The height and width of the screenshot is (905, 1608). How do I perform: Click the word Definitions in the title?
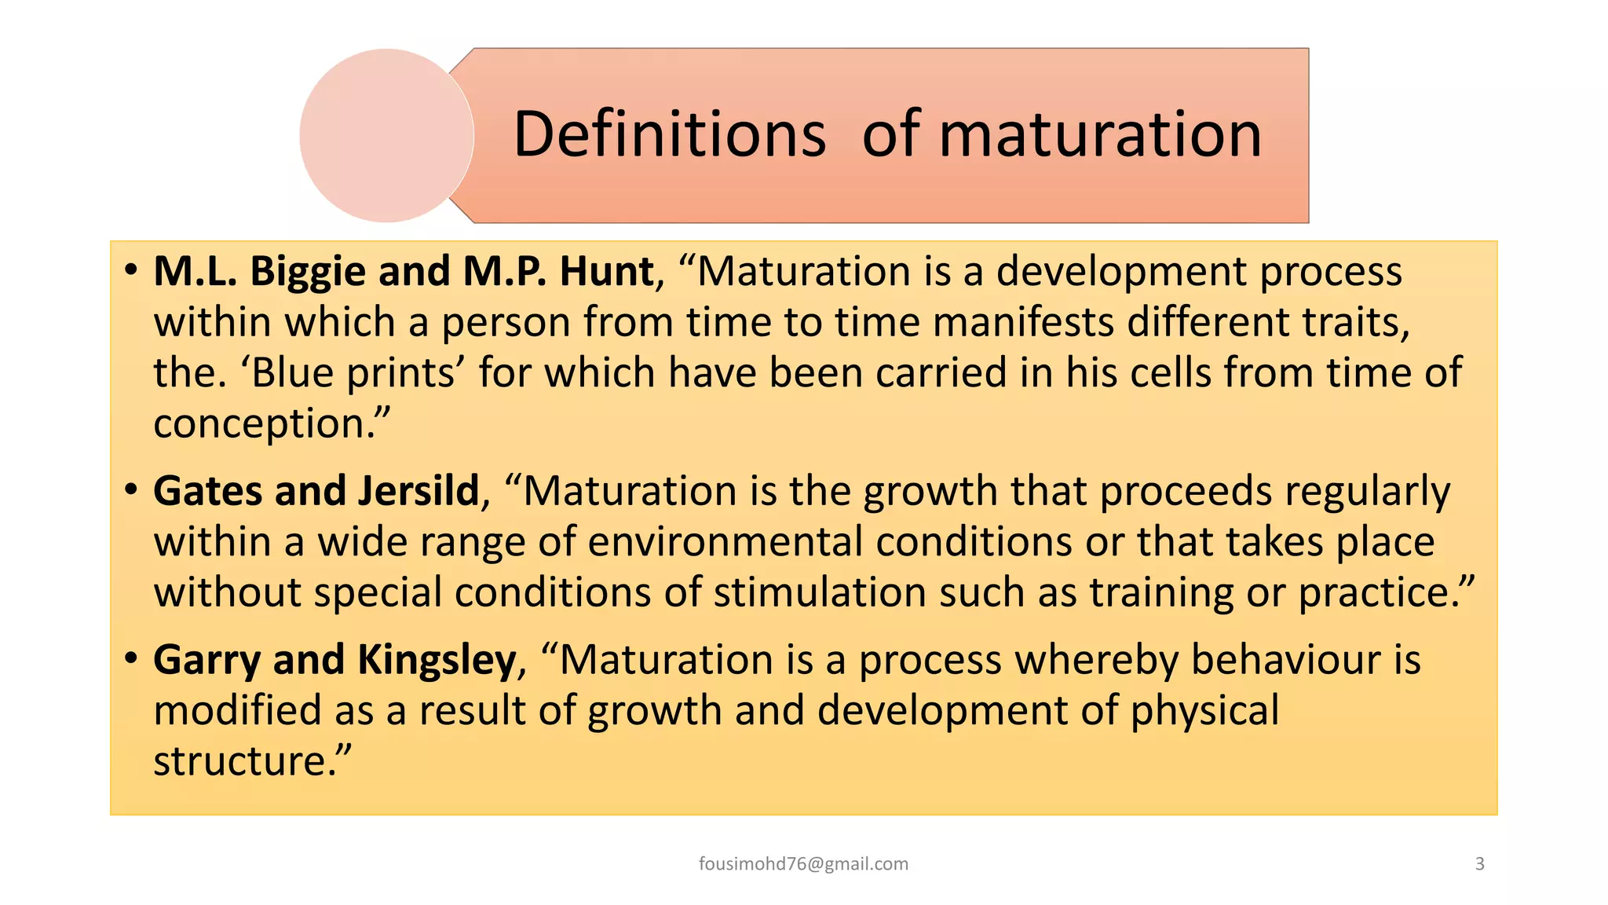pos(669,134)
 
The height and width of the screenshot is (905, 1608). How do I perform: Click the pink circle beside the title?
pos(386,135)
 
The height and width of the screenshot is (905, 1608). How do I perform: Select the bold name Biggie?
pos(308,272)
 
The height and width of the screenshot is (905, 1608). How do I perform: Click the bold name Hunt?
pos(606,272)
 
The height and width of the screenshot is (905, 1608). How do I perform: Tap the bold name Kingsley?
pos(437,661)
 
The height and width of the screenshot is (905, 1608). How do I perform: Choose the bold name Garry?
pos(206,661)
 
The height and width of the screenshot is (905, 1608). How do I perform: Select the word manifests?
pos(1023,323)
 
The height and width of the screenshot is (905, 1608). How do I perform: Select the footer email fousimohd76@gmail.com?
pos(803,864)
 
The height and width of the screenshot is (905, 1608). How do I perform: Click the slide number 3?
pos(1480,864)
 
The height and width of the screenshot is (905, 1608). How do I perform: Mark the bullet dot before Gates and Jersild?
pos(131,490)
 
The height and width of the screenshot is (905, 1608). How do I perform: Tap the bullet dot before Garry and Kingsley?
pos(131,658)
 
